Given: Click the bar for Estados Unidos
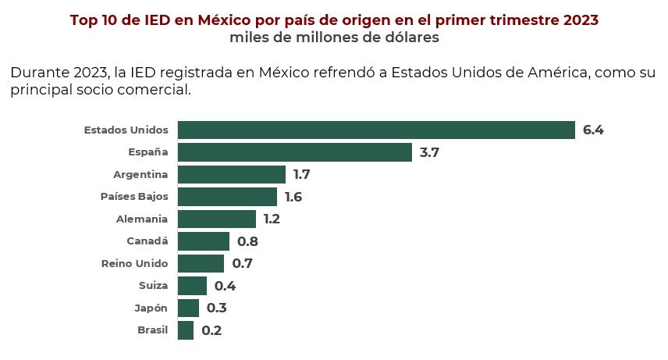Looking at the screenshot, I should (376, 130).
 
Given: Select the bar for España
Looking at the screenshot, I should (295, 152).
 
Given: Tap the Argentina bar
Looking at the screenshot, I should (232, 174).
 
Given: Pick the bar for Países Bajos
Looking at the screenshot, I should (227, 197).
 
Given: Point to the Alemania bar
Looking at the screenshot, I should (217, 219).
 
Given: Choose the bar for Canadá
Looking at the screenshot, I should (204, 241).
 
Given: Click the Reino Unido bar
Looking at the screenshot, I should (201, 263).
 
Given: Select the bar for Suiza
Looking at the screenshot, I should (192, 286).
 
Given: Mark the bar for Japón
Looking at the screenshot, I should (188, 308).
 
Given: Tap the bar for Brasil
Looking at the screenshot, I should (186, 330).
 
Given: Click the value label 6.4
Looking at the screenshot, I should (593, 130).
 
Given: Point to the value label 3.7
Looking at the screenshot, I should (429, 152).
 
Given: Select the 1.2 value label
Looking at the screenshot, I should (272, 219).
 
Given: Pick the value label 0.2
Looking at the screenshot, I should (211, 330).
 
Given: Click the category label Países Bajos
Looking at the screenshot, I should (134, 197).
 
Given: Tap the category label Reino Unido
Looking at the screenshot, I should (134, 263).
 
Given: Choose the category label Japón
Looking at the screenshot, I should (151, 308).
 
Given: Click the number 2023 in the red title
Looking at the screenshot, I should (579, 19).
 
